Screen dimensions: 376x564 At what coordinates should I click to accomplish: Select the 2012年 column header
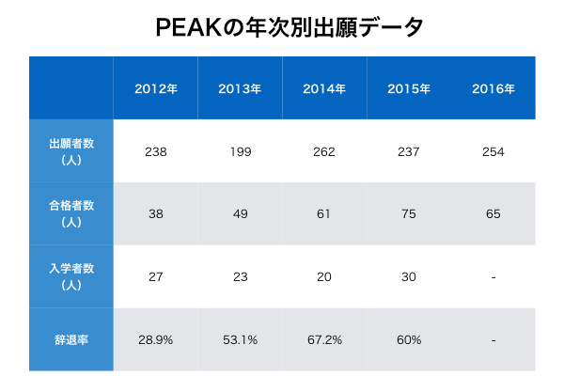point(156,89)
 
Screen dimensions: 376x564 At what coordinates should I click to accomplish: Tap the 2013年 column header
point(240,89)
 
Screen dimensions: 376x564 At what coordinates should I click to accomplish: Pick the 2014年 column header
point(323,89)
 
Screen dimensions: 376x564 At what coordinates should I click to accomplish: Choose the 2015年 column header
point(408,89)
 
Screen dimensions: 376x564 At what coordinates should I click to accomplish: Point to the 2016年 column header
point(493,89)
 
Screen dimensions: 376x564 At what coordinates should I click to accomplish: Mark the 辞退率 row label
point(71,339)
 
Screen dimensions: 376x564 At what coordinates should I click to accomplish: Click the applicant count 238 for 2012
point(156,152)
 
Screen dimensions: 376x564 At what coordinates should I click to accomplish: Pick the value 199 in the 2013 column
point(240,152)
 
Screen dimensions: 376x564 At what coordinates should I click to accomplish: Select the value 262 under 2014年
point(323,152)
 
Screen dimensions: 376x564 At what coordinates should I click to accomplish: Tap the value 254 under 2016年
point(493,152)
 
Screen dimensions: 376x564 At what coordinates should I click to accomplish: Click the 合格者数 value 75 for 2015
point(408,214)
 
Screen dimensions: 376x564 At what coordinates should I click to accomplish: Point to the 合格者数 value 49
point(240,214)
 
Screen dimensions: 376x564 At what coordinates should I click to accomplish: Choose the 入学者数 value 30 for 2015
point(408,277)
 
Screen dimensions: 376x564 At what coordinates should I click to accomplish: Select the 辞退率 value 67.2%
point(323,339)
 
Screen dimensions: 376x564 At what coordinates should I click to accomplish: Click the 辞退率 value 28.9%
point(156,339)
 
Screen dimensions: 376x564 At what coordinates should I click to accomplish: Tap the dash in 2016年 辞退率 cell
point(493,339)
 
